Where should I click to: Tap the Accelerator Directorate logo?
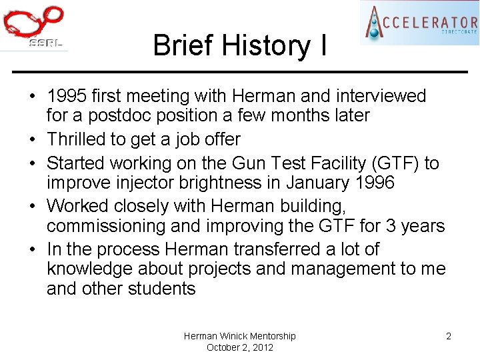click(x=419, y=23)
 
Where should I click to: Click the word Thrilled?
click(x=75, y=139)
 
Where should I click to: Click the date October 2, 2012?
click(x=240, y=347)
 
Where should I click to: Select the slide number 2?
click(x=449, y=336)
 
